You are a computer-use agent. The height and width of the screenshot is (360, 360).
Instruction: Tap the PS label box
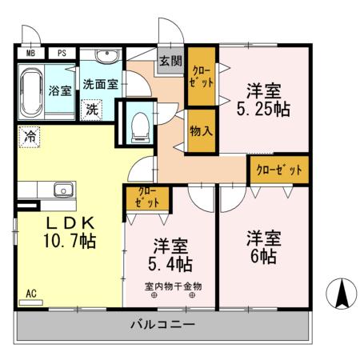(x=61, y=54)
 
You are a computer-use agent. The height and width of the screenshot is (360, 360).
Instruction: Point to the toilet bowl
(x=138, y=124)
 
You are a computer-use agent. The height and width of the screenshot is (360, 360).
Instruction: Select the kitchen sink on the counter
(x=63, y=190)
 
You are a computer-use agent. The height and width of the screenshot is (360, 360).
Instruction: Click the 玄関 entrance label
(x=170, y=61)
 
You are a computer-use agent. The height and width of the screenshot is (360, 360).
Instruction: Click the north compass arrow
(x=342, y=294)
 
